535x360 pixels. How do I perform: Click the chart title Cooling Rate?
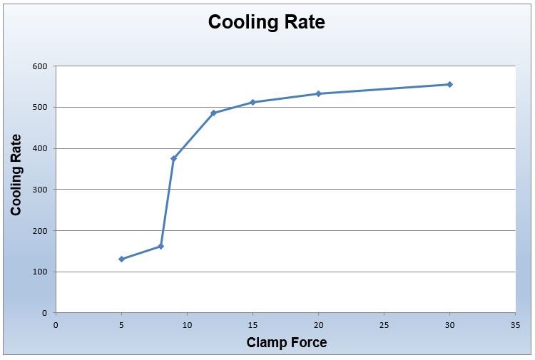click(x=266, y=22)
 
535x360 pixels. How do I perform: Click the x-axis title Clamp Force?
click(x=286, y=343)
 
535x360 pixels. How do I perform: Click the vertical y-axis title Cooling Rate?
click(x=16, y=175)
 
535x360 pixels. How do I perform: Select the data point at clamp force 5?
click(x=121, y=259)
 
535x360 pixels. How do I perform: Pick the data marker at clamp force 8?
click(x=160, y=246)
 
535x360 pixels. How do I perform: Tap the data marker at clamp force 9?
click(x=173, y=158)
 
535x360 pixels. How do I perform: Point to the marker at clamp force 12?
click(x=213, y=113)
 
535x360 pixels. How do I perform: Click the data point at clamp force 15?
click(x=253, y=102)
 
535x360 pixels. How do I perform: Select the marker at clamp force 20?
click(x=318, y=93)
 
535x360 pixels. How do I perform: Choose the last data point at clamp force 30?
click(x=449, y=84)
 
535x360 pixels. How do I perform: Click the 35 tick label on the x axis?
click(x=515, y=324)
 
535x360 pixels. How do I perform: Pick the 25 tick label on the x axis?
click(x=384, y=324)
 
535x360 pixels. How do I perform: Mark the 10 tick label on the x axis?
click(x=187, y=324)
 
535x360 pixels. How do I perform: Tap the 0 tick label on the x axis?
click(x=56, y=324)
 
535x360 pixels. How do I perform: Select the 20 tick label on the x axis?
click(x=318, y=324)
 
